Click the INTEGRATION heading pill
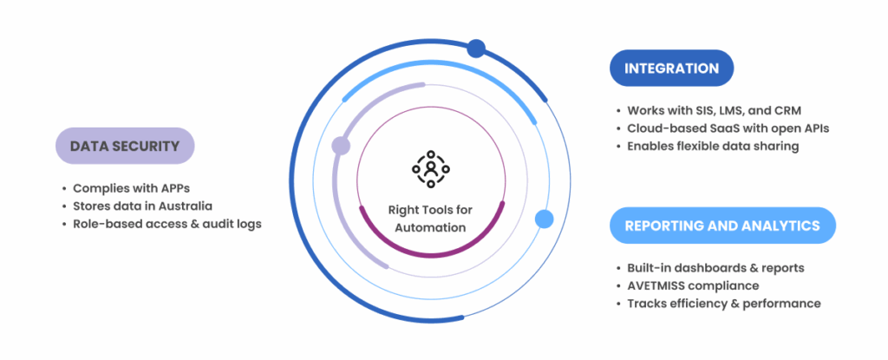point(672,68)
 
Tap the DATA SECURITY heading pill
point(125,146)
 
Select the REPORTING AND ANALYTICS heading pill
point(722,226)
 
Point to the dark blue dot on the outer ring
point(476,49)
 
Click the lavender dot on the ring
point(341,146)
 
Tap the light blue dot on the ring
point(544,219)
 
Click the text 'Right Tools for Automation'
point(430,218)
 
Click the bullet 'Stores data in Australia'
point(142,206)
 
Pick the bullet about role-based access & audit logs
point(166,223)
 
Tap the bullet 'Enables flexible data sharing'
point(711,146)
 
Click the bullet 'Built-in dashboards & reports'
point(715,268)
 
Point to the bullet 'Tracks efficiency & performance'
point(723,303)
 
